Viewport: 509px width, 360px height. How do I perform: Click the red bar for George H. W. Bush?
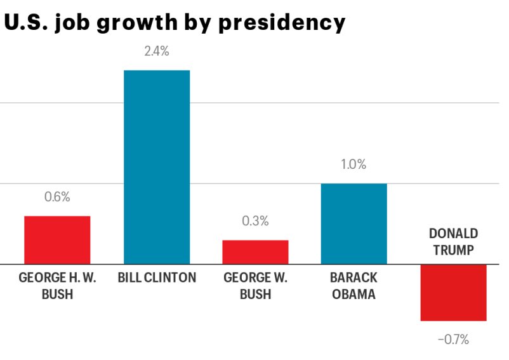(x=57, y=239)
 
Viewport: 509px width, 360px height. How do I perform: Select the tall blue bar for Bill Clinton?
(x=156, y=166)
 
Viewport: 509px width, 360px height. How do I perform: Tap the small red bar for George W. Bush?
(x=255, y=251)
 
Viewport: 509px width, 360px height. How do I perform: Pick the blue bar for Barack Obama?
(x=354, y=223)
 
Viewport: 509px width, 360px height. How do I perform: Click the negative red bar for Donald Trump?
(x=453, y=292)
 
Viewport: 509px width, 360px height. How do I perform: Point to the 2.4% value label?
(x=156, y=51)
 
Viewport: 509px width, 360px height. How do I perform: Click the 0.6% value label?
(x=57, y=197)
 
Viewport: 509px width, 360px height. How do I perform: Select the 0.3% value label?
(x=255, y=221)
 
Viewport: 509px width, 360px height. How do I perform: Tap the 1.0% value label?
(x=354, y=164)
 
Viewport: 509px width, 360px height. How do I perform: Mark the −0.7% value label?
(x=453, y=340)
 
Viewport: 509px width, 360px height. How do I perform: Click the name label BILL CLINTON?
(x=157, y=277)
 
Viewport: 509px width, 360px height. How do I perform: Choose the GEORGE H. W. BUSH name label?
(x=57, y=286)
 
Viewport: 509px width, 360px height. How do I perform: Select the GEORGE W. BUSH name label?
(x=256, y=286)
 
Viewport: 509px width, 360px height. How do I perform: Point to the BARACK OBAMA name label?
(x=354, y=286)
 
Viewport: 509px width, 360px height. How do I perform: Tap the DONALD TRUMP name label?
(x=453, y=242)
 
